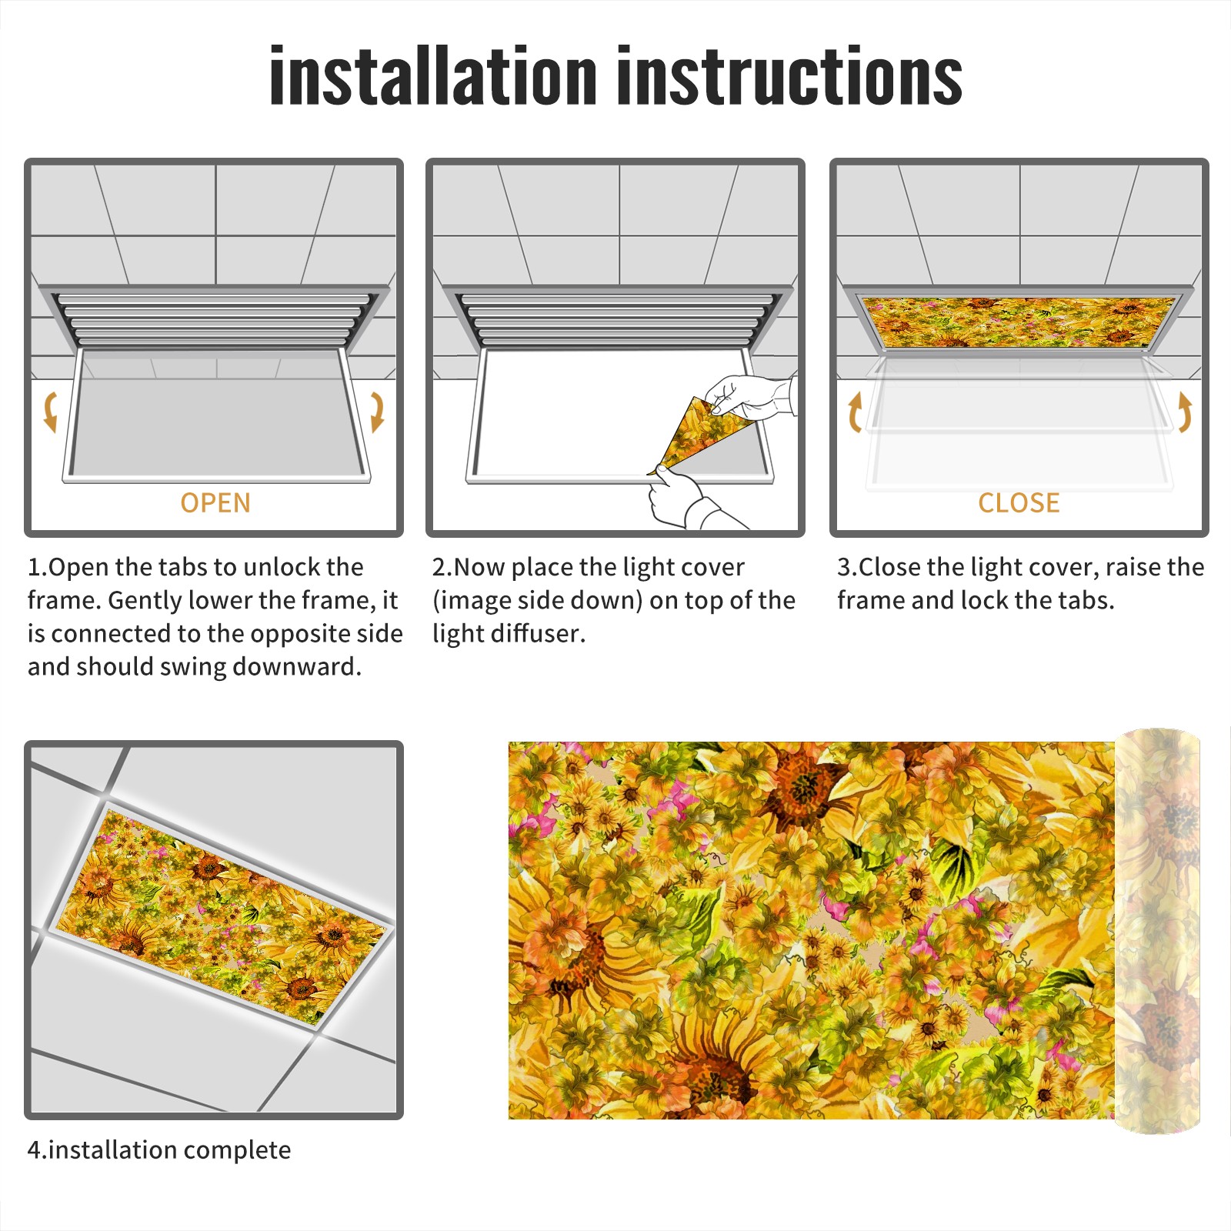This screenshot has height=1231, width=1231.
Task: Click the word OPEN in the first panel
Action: (215, 502)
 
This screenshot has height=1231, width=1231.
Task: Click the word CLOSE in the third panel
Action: (1019, 502)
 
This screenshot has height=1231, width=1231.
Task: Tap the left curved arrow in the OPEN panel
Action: (51, 412)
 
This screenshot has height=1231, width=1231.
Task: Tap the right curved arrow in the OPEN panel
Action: (377, 412)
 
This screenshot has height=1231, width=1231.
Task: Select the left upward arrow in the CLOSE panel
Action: (855, 412)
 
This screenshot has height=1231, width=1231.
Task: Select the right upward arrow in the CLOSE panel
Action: (1185, 412)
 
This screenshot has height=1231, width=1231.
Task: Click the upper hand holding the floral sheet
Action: (750, 396)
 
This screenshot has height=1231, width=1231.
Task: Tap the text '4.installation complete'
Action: (159, 1149)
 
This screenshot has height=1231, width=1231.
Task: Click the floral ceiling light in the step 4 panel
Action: (220, 916)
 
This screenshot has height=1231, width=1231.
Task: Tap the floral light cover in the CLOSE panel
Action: (1019, 322)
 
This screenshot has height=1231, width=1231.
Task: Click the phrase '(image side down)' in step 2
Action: (538, 600)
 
